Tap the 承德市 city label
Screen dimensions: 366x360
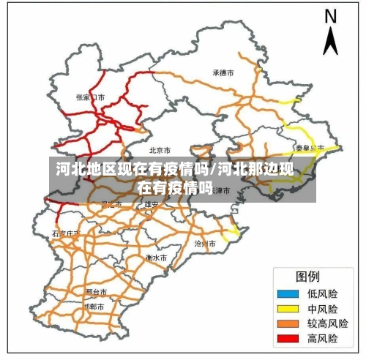223,73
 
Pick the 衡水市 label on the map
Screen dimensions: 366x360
156,258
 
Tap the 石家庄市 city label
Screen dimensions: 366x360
66,233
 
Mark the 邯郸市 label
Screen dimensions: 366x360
95,307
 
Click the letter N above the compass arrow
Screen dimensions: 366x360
331,16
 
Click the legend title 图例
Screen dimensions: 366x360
307,277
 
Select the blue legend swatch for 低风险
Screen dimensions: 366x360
286,293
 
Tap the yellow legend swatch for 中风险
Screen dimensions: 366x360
286,309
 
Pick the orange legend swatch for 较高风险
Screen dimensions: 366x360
286,323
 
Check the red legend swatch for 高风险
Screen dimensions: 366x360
286,339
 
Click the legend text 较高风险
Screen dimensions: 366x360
327,323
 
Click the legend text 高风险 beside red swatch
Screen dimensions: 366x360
323,339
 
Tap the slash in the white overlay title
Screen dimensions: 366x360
214,171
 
